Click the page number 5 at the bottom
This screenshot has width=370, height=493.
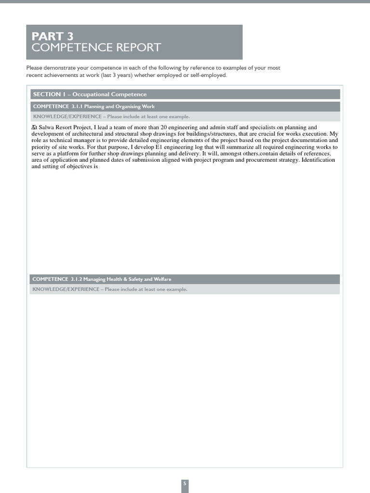185,483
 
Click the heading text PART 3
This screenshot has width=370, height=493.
53,37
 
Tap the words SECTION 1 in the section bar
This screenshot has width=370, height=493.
47,94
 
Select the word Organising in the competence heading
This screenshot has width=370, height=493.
124,106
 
